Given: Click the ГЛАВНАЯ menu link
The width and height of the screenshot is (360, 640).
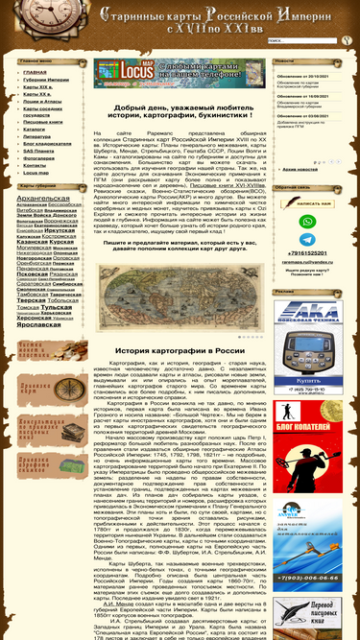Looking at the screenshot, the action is coord(36,72).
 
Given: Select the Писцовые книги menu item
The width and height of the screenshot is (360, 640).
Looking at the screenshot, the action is coord(41,122).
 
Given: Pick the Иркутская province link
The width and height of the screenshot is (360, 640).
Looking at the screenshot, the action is coord(61,230).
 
